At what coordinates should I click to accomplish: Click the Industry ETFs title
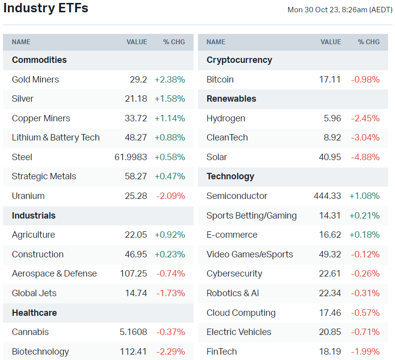click(x=46, y=8)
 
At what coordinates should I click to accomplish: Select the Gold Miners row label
click(x=35, y=80)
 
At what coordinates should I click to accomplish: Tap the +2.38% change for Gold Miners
click(x=169, y=80)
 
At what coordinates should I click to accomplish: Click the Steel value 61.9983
click(x=130, y=157)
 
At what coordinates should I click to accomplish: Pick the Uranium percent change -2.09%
click(x=170, y=196)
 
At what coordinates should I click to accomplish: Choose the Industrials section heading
click(x=33, y=216)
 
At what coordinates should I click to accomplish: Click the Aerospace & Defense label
click(x=54, y=274)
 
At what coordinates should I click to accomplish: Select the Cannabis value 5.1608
click(x=133, y=332)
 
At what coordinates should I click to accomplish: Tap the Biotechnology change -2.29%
click(x=170, y=352)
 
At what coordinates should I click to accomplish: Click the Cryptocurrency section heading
click(x=239, y=60)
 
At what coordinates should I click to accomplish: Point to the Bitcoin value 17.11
click(x=330, y=80)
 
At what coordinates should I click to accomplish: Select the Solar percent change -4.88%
click(x=365, y=157)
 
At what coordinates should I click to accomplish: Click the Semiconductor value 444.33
click(x=327, y=196)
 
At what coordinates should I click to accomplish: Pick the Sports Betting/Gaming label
click(x=252, y=216)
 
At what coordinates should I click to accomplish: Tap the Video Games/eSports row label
click(x=250, y=254)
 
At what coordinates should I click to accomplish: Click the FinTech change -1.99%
click(x=365, y=352)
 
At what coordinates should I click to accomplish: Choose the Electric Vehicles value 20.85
click(x=330, y=332)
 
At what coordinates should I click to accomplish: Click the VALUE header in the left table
click(x=137, y=42)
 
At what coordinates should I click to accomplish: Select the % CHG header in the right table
click(x=368, y=42)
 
